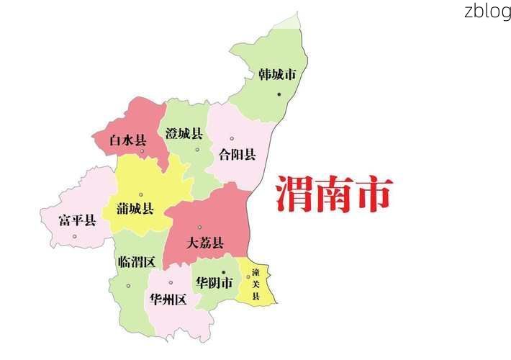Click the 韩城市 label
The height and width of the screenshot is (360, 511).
(277, 74)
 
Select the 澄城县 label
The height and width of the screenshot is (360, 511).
(184, 133)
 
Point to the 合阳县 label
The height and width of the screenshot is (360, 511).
(238, 154)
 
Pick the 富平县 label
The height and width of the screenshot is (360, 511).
(77, 220)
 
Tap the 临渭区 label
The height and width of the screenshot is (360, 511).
(136, 261)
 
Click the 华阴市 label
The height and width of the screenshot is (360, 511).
(214, 283)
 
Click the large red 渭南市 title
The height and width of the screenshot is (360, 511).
(334, 194)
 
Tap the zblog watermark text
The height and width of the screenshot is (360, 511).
(487, 11)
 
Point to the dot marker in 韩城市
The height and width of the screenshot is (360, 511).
(279, 94)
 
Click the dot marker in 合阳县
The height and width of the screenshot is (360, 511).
(232, 138)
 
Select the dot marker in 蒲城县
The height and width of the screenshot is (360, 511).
(141, 194)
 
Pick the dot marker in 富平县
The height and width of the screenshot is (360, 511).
(74, 236)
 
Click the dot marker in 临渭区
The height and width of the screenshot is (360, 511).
(128, 286)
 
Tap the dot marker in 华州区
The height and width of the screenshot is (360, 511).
(171, 282)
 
